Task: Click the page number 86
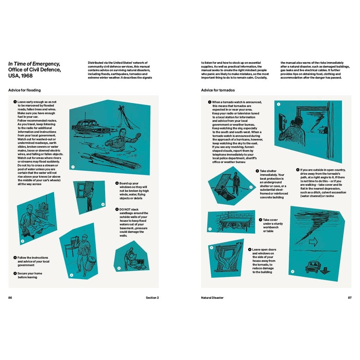coord(10,298)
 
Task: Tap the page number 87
coord(349,298)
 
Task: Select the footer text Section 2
coord(152,298)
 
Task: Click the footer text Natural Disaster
coord(212,298)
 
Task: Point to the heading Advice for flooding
coord(24,90)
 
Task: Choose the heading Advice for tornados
coord(218,90)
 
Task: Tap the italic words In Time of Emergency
coord(34,64)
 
